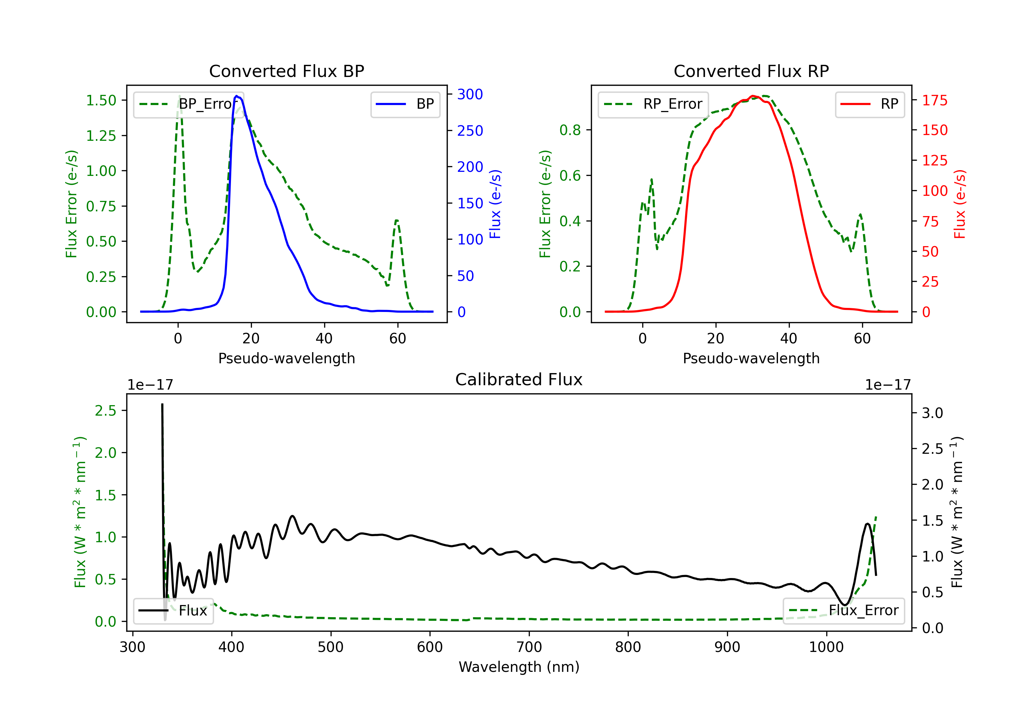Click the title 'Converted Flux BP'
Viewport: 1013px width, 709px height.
coord(286,71)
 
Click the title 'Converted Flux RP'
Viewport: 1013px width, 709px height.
coord(751,71)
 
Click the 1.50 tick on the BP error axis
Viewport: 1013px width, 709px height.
coord(101,100)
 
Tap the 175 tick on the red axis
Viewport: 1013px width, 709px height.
coord(934,100)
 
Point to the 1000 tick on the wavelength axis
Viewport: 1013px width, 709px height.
coord(826,647)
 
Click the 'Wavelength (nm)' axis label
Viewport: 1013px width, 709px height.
coord(519,667)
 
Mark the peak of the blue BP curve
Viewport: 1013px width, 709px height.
coord(236,96)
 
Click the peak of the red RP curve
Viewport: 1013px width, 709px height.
coord(753,96)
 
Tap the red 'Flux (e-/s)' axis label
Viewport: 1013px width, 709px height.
coord(960,204)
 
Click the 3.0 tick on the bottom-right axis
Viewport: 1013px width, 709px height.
coord(932,413)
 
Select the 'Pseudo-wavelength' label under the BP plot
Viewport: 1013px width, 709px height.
coord(286,358)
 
